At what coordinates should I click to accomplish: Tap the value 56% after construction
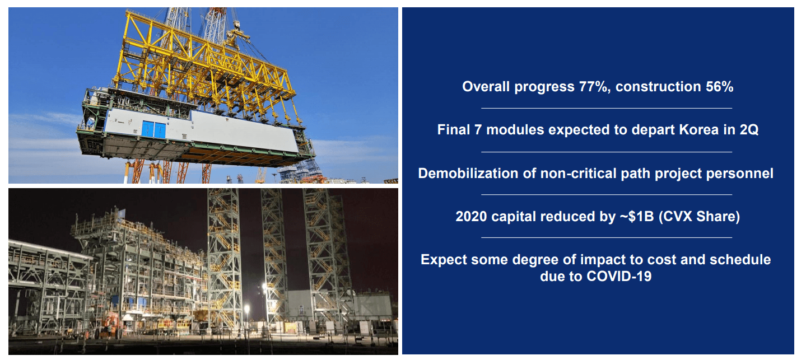(719, 87)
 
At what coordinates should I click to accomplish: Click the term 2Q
(749, 130)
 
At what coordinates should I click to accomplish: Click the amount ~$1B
(636, 217)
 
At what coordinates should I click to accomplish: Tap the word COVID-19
(619, 276)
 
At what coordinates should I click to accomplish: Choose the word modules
(515, 130)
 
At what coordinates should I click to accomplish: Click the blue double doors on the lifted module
(153, 129)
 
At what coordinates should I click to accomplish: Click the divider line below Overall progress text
(607, 108)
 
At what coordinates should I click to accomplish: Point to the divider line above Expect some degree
(607, 238)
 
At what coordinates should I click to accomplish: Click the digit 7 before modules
(478, 130)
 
